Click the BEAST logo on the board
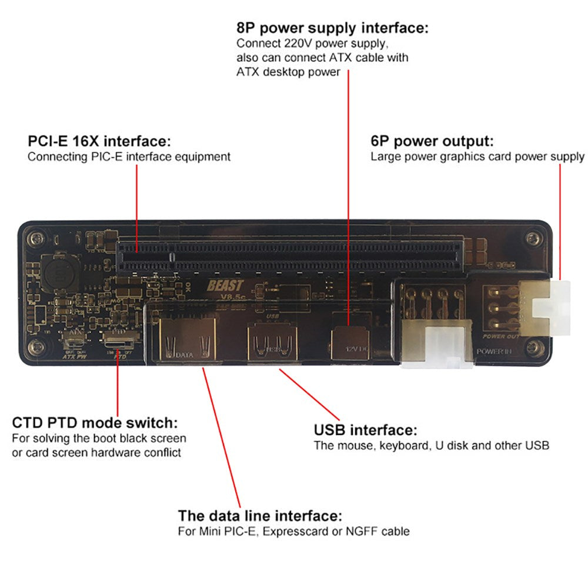point(225,286)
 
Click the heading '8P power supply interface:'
point(332,28)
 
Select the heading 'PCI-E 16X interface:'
point(99,142)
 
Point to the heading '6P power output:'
point(432,142)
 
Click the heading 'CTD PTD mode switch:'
point(95,423)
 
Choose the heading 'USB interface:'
point(366,430)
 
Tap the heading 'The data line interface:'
point(260,516)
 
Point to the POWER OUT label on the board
point(500,336)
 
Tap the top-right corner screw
point(534,238)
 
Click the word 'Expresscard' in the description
point(303,532)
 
